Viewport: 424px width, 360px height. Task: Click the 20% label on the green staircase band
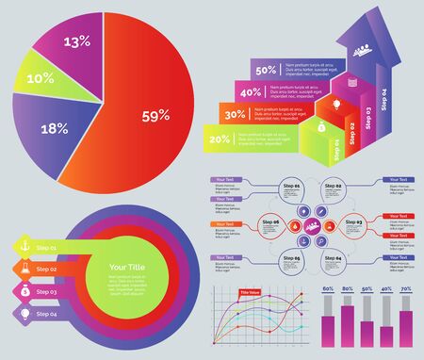220,139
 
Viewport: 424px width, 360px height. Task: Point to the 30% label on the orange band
236,115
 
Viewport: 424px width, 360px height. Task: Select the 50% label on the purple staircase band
266,69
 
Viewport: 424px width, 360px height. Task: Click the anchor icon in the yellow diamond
24,247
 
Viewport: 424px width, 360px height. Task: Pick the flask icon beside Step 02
24,269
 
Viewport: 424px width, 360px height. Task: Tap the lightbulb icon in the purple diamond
24,313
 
